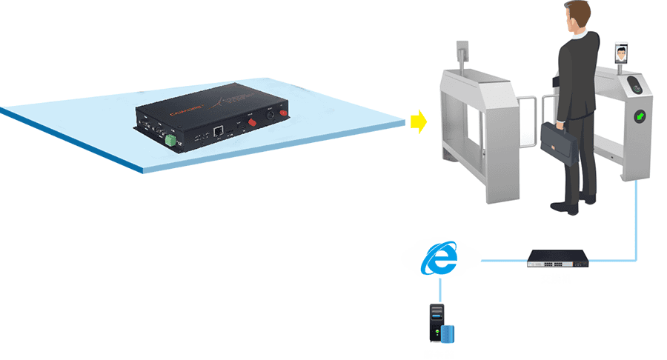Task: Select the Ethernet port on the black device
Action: coord(219,130)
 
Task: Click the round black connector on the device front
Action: coord(271,116)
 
